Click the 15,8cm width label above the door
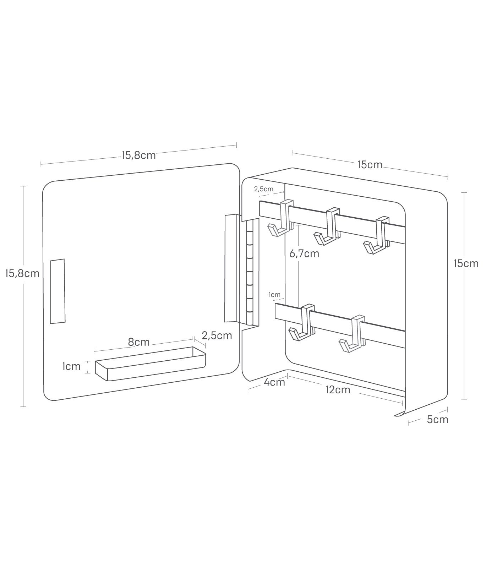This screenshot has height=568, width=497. [x=138, y=155]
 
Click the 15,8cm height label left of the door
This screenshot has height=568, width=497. [x=22, y=273]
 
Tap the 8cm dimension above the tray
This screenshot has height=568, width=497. [x=139, y=342]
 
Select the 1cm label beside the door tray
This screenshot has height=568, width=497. [x=71, y=366]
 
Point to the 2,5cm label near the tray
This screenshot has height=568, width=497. [x=217, y=335]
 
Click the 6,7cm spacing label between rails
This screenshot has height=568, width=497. [x=304, y=253]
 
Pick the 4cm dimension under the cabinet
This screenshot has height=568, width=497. [x=274, y=382]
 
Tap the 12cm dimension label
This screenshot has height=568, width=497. [x=338, y=389]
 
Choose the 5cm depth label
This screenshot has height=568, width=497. [x=437, y=419]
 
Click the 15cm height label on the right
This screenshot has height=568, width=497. [x=466, y=263]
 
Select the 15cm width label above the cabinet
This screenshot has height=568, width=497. [x=370, y=164]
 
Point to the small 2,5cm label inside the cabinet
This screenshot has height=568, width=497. [x=264, y=189]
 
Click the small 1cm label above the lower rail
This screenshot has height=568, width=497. [x=274, y=294]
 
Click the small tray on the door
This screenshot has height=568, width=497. [x=151, y=364]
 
